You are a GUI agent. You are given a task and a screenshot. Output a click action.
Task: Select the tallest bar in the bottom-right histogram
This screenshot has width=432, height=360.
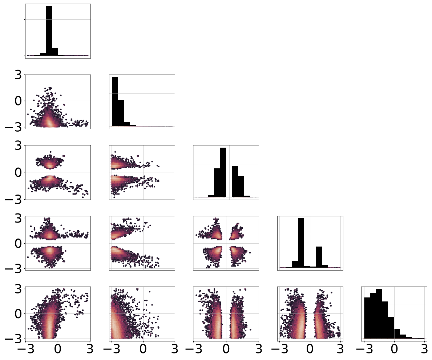379,314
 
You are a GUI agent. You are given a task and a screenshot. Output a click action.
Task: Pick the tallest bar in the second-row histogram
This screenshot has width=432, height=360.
115,101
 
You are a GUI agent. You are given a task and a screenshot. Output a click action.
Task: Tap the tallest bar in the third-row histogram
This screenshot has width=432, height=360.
223,172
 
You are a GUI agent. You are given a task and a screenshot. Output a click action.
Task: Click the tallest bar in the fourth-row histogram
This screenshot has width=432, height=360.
301,243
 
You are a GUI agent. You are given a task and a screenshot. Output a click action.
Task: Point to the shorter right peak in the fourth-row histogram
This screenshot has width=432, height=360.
319,257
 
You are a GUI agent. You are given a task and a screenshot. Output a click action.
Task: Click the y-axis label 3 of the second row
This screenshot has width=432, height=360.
18,75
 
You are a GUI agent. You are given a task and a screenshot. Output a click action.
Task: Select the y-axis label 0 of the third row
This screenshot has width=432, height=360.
18,172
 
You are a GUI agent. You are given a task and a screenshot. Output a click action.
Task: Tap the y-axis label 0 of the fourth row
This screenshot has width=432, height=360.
18,243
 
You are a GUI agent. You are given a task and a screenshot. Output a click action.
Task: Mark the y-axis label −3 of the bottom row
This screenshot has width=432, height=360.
13,339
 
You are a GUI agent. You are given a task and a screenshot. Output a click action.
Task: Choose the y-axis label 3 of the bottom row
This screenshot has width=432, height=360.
18,289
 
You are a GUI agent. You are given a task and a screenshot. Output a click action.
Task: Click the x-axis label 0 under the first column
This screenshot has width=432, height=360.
57,349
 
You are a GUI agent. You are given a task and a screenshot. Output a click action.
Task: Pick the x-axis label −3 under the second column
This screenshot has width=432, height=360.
112,349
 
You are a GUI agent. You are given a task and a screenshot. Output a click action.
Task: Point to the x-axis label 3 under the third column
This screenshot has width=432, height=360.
258,349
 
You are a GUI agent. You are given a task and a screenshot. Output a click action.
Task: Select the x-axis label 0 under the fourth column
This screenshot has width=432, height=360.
310,349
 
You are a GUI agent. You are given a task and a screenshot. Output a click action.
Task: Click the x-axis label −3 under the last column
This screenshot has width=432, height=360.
364,349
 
